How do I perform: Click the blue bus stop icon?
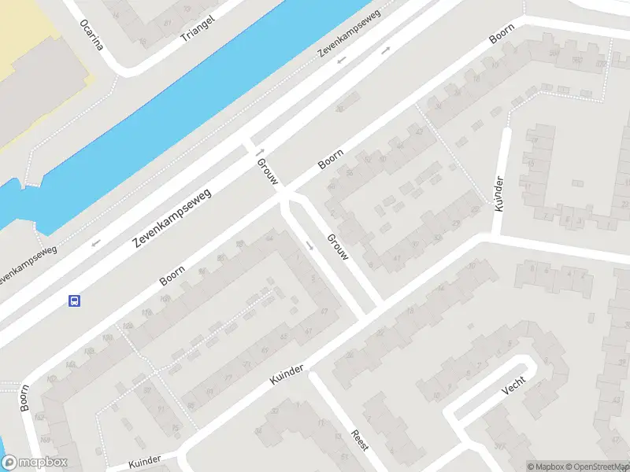coord(75,301)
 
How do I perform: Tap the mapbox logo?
coord(34,463)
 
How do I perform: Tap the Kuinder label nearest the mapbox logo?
coord(143,459)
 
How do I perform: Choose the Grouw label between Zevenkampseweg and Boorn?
coord(267,171)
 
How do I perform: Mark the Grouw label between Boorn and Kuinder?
coord(337,246)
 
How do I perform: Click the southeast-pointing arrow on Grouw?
coord(309,246)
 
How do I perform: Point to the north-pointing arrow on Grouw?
coord(258,151)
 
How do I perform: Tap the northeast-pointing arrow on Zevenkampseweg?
coord(386,50)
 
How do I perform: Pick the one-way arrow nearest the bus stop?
coord(96,243)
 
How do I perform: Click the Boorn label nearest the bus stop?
coord(172,275)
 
